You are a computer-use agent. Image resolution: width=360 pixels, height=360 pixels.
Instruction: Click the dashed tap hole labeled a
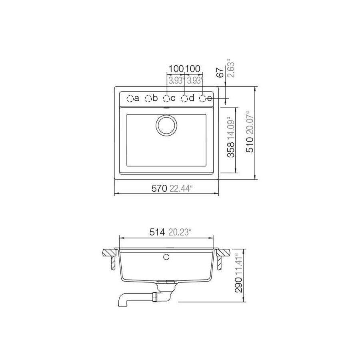point(130,98)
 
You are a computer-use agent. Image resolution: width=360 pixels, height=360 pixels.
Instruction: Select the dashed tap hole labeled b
point(148,98)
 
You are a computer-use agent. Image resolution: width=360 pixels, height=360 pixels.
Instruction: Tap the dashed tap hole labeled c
point(167,98)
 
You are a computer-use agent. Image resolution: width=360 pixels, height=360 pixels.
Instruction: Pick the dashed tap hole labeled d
point(185,98)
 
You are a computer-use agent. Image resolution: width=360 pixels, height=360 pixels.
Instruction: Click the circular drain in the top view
point(165,125)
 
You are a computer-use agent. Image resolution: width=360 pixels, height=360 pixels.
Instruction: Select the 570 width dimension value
point(159,188)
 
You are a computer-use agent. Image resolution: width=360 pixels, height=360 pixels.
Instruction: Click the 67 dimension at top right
point(219,72)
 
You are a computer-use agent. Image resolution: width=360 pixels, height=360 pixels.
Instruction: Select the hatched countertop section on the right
point(223,252)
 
